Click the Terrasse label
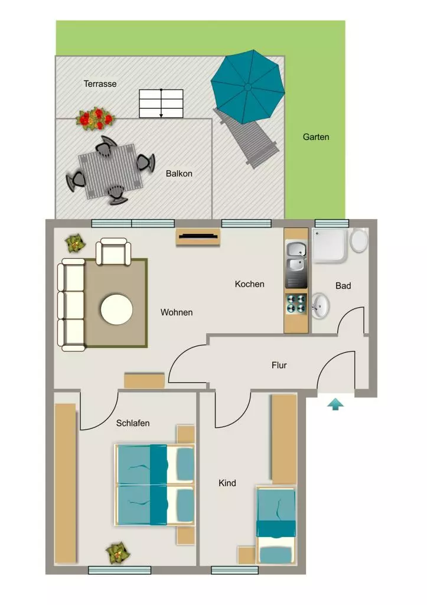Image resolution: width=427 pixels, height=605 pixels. pyautogui.click(x=100, y=84)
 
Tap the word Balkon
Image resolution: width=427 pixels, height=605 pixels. pyautogui.click(x=179, y=174)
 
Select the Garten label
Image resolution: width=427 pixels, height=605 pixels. pyautogui.click(x=316, y=137)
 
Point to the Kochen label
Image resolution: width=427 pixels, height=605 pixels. pyautogui.click(x=250, y=284)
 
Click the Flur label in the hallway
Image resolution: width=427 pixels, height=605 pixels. pyautogui.click(x=279, y=365)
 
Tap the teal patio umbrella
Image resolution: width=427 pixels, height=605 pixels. pyautogui.click(x=247, y=87)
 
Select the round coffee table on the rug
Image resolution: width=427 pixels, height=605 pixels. pyautogui.click(x=117, y=309)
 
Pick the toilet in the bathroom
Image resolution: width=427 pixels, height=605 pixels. pyautogui.click(x=358, y=240)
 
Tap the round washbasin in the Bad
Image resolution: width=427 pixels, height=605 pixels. pyautogui.click(x=320, y=305)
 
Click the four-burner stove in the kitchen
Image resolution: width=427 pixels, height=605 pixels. pyautogui.click(x=296, y=304)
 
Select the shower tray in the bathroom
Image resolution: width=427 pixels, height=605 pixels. pyautogui.click(x=330, y=246)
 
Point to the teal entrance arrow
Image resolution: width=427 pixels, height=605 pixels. pyautogui.click(x=335, y=404)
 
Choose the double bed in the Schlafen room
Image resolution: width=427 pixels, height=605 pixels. pyautogui.click(x=154, y=484)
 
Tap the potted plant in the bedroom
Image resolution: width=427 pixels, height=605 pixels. pyautogui.click(x=118, y=553)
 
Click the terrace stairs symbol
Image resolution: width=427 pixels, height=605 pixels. pyautogui.click(x=161, y=103)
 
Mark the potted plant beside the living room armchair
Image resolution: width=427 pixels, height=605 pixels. pyautogui.click(x=75, y=243)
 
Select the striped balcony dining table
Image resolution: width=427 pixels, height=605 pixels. pyautogui.click(x=110, y=171)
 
